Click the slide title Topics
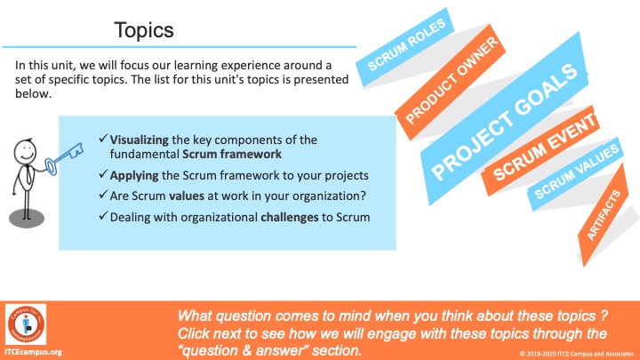[x=144, y=30]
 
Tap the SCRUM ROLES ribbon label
[x=406, y=45]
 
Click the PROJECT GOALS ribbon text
[x=505, y=122]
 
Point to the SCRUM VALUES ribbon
[x=576, y=172]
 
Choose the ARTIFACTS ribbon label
[x=603, y=215]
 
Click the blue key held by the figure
[x=64, y=160]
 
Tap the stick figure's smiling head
[x=25, y=151]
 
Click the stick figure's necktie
[x=29, y=175]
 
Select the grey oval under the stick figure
[x=27, y=218]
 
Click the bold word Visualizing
[x=140, y=140]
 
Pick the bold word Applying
[x=134, y=175]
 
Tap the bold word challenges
[x=290, y=217]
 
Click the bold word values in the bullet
[x=187, y=196]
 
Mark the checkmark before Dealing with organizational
[x=103, y=215]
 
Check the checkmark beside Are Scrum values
[x=103, y=195]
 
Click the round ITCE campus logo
[x=26, y=324]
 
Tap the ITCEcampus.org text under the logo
[x=34, y=352]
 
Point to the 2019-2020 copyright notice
[x=577, y=354]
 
